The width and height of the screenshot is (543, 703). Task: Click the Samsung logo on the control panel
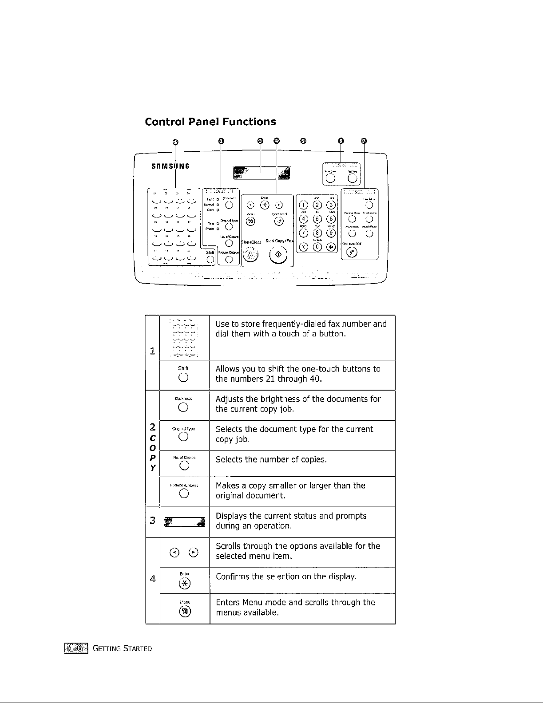click(170, 166)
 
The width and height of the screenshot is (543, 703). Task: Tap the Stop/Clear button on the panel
click(251, 254)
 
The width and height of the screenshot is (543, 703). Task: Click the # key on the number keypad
click(331, 247)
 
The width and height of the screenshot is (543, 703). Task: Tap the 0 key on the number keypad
click(317, 247)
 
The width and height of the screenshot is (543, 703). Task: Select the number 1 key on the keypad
click(304, 205)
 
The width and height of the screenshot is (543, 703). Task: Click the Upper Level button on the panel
click(278, 221)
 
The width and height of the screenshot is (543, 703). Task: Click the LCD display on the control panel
click(262, 173)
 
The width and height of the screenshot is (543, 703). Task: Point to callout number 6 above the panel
click(341, 141)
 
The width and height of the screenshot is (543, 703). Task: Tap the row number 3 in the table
click(152, 521)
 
